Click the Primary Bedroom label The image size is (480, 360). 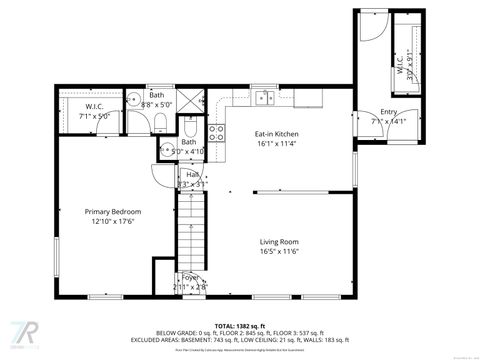click(112, 212)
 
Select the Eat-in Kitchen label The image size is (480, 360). click(276, 134)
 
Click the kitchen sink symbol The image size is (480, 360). click(264, 98)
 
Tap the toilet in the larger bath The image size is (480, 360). click(158, 123)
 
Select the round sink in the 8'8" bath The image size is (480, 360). click(131, 99)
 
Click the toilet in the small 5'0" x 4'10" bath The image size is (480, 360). click(191, 128)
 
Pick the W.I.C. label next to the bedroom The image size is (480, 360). click(95, 106)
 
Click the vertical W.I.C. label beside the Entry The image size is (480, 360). click(400, 66)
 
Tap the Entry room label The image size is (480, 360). click(388, 112)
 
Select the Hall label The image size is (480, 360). click(190, 174)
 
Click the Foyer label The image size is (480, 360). click(189, 279)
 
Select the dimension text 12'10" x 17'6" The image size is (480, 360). click(112, 222)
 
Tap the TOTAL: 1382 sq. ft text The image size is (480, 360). click(239, 326)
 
